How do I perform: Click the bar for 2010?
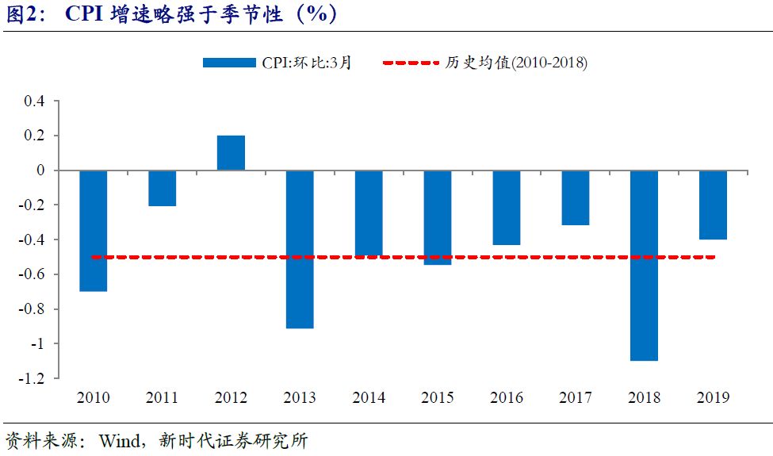[x=93, y=231]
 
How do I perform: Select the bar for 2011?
[x=162, y=189]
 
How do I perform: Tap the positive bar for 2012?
[x=231, y=153]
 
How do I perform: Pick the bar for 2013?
[x=300, y=249]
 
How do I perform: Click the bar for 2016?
[x=506, y=208]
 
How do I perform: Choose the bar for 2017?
[x=575, y=198]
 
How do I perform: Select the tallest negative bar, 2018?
[x=644, y=266]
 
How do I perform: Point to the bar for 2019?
[x=713, y=205]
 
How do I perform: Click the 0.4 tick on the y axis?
[x=35, y=102]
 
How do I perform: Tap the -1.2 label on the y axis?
[x=32, y=378]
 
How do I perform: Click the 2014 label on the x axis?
[x=369, y=397]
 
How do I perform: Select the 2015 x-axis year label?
[x=438, y=397]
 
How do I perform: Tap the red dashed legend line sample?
[x=410, y=63]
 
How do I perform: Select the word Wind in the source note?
[x=119, y=441]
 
